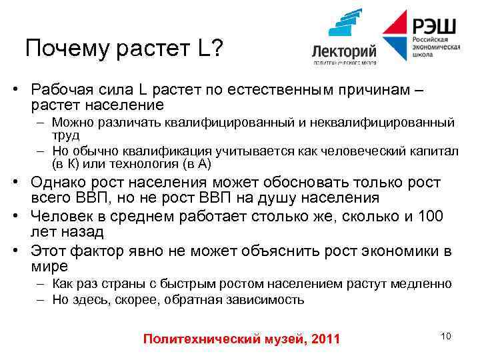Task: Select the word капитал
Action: [437, 151]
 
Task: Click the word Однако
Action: [59, 183]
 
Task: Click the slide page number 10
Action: [445, 335]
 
